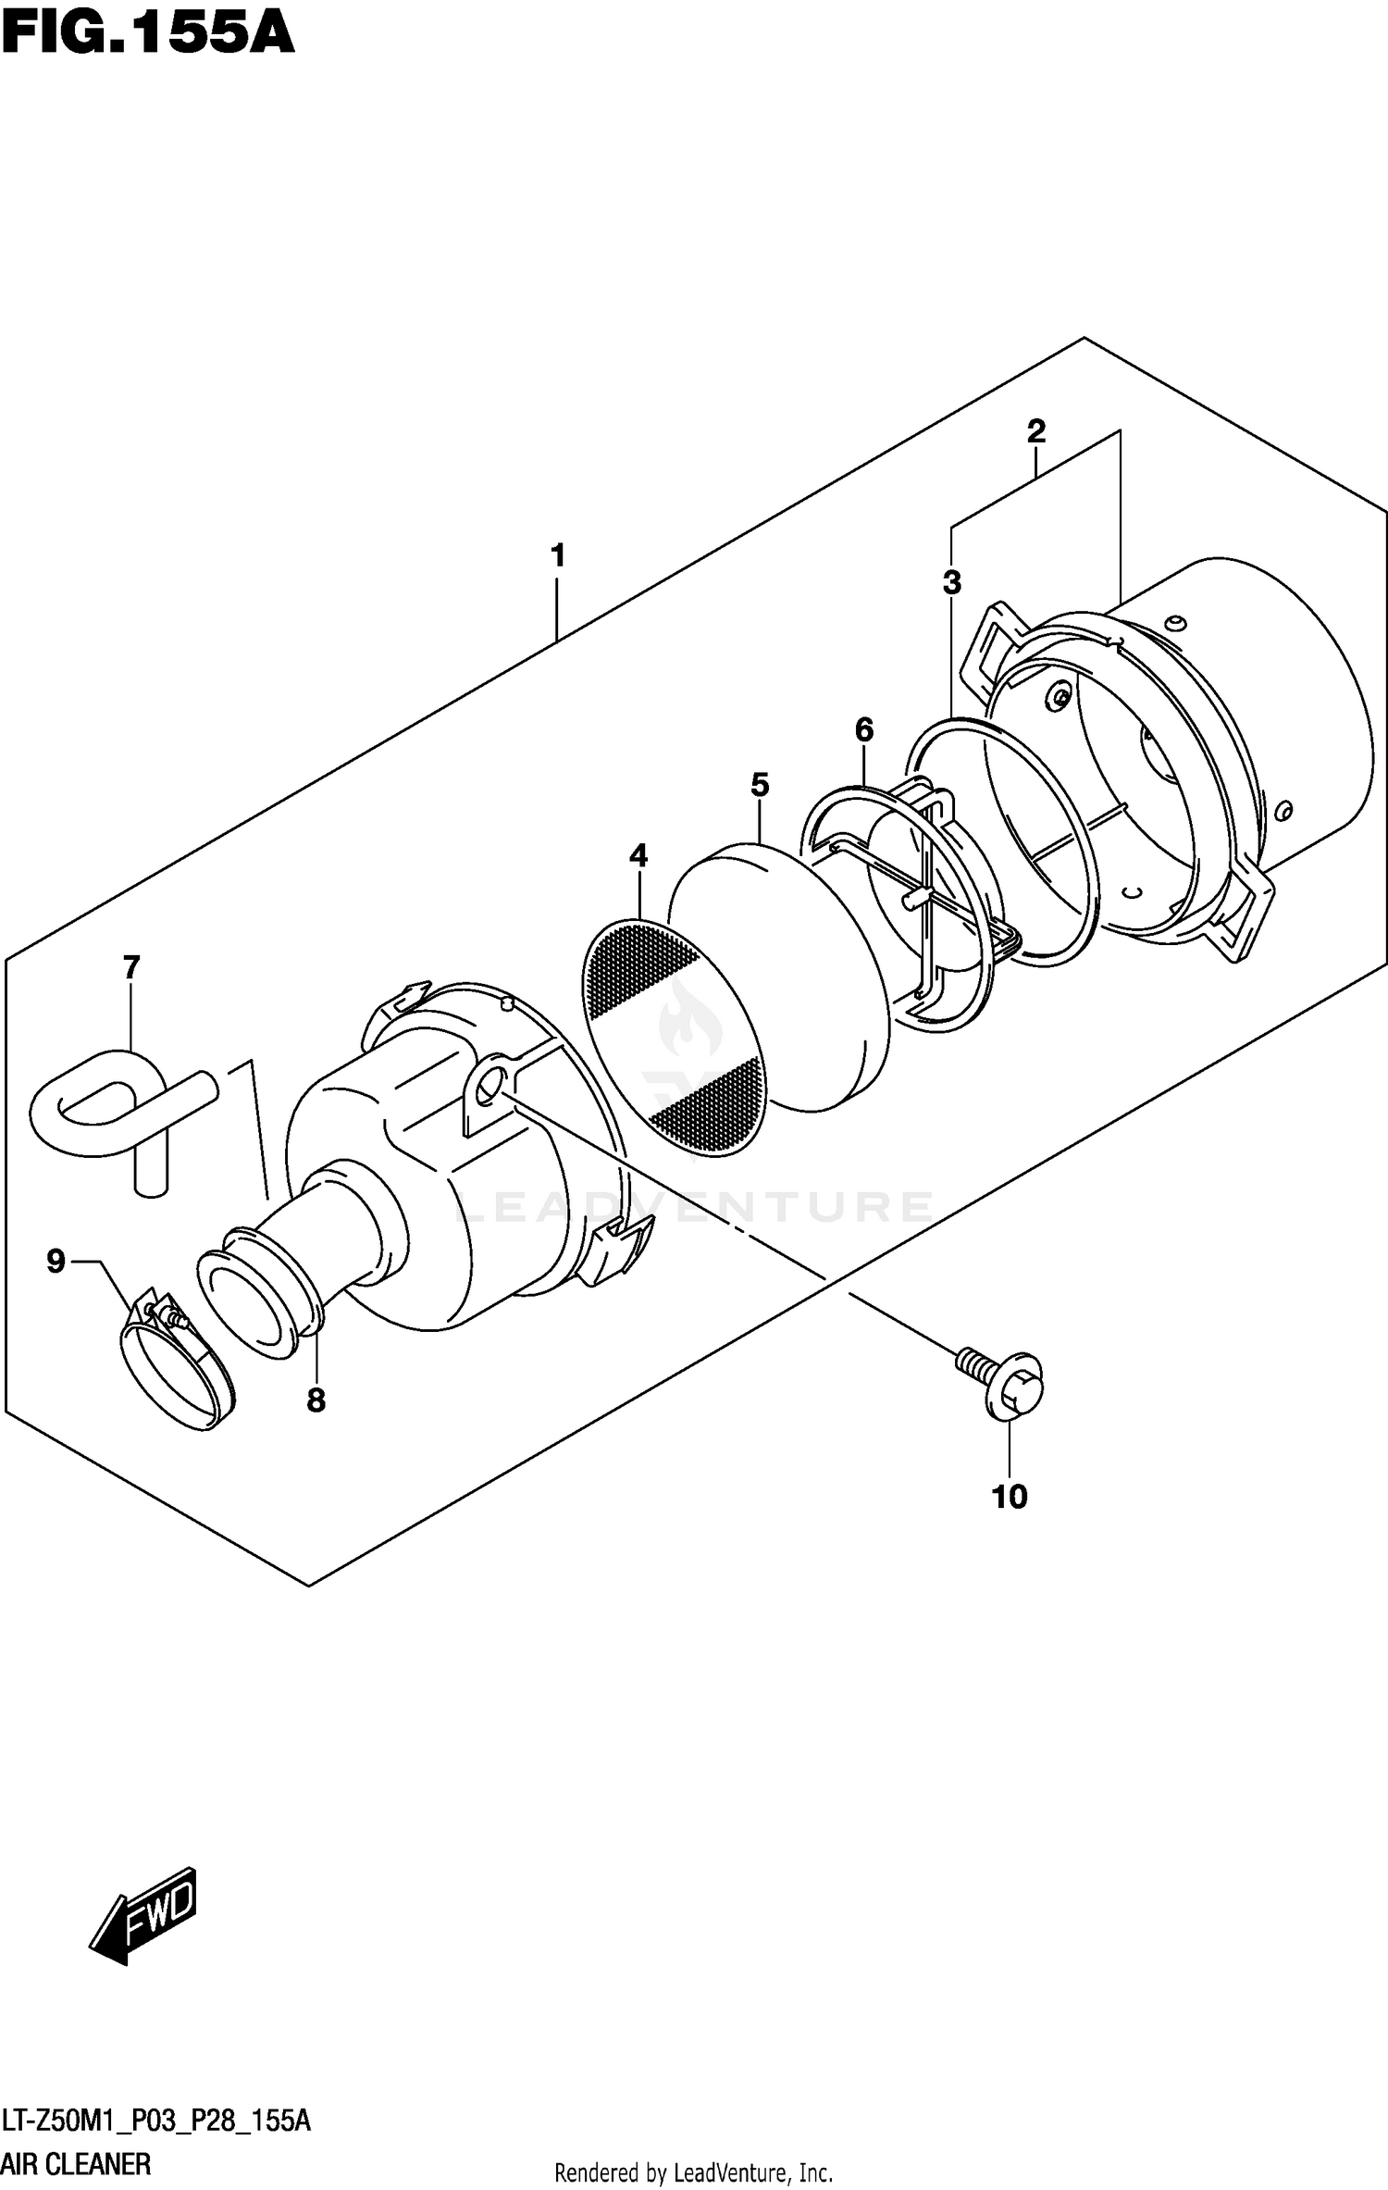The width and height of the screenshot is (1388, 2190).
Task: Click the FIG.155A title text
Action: (148, 35)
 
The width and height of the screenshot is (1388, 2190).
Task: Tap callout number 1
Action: (557, 556)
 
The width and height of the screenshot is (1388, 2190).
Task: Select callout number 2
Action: (1035, 431)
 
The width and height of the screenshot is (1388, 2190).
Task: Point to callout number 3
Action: (951, 583)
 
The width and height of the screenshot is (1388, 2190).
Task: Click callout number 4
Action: (638, 856)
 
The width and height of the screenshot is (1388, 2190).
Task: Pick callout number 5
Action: (759, 785)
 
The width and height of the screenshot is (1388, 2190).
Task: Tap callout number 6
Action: (863, 730)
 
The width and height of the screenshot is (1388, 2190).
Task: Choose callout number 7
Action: (131, 968)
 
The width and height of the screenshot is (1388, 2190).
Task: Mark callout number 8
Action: (316, 1400)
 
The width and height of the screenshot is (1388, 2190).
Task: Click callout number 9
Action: (56, 1261)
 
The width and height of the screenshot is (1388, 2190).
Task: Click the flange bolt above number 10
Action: (1004, 1382)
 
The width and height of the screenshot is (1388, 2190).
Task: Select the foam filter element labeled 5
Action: (777, 977)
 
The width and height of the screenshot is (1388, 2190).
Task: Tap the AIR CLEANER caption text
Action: (76, 2165)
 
